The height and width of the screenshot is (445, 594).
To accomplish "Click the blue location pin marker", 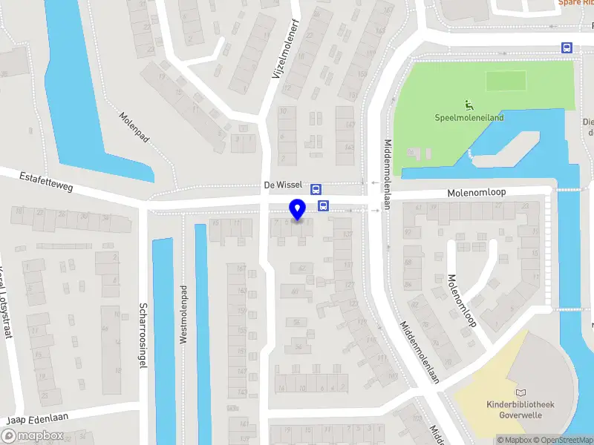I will pos(298,210).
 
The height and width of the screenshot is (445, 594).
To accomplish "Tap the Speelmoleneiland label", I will pos(469,117).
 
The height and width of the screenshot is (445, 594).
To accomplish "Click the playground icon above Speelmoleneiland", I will pos(469,105).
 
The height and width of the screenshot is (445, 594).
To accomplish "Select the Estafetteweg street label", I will pos(46,181).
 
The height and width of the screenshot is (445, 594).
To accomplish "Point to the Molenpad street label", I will pos(134,128).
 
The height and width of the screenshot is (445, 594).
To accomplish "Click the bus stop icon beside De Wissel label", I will pos(316,188).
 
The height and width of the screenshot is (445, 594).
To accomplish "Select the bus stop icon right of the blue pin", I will pos(323,205).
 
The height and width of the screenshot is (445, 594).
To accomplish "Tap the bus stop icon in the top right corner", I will pos(567,47).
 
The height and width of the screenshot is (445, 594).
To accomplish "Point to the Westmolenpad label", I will pos(183,311).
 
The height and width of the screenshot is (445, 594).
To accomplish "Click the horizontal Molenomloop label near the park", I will pos(476,191).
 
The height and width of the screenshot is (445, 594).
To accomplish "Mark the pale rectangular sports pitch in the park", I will pos(506,79).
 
